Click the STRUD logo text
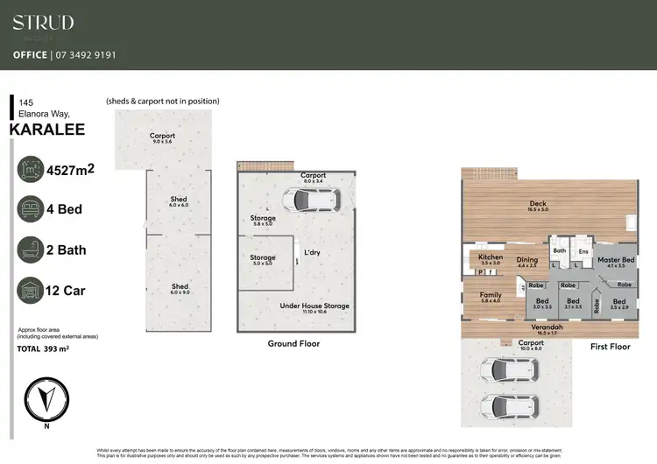(43, 23)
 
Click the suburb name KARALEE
(46, 130)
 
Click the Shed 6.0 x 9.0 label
(179, 289)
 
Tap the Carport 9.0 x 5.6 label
(162, 138)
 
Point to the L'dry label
(313, 252)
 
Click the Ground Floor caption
(293, 344)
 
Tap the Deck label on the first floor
(538, 206)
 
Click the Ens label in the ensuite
(583, 252)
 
